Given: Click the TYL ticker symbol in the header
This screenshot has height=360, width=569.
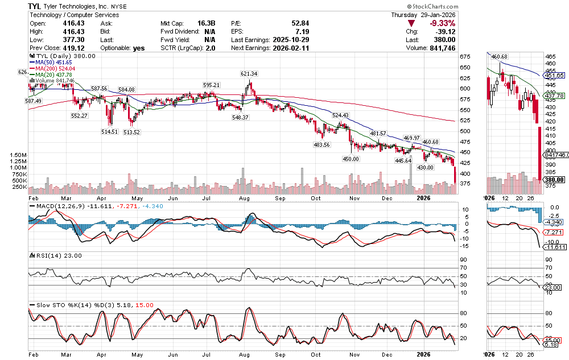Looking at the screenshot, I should pyautogui.click(x=37, y=6).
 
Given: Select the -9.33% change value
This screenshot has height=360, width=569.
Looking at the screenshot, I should pyautogui.click(x=442, y=23).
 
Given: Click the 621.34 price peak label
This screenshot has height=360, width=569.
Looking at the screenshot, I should pyautogui.click(x=249, y=74).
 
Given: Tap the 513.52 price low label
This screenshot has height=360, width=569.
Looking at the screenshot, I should pyautogui.click(x=132, y=132).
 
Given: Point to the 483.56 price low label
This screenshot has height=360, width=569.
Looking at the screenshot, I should pyautogui.click(x=321, y=144).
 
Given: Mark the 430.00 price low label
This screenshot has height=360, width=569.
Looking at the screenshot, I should pyautogui.click(x=426, y=168).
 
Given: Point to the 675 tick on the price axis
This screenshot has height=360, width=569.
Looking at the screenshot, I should pyautogui.click(x=465, y=57).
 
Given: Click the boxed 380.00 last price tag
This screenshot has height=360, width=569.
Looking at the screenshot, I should pyautogui.click(x=552, y=180).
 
